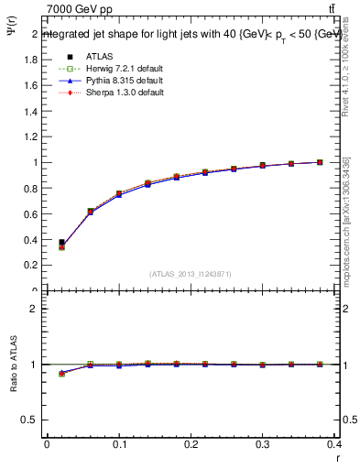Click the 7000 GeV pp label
(80, 9)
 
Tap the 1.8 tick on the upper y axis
(31, 60)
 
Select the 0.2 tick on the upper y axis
(31, 265)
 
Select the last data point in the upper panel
(320, 162)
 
